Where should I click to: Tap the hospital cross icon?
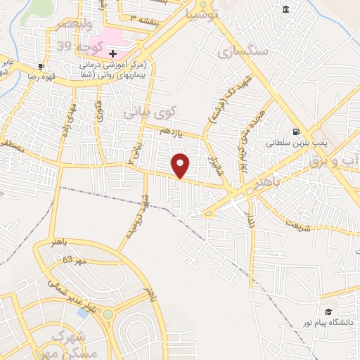[112, 54]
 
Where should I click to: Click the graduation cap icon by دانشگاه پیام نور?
[328, 311]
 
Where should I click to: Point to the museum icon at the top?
[285, 9]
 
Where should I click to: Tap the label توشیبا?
[202, 13]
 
